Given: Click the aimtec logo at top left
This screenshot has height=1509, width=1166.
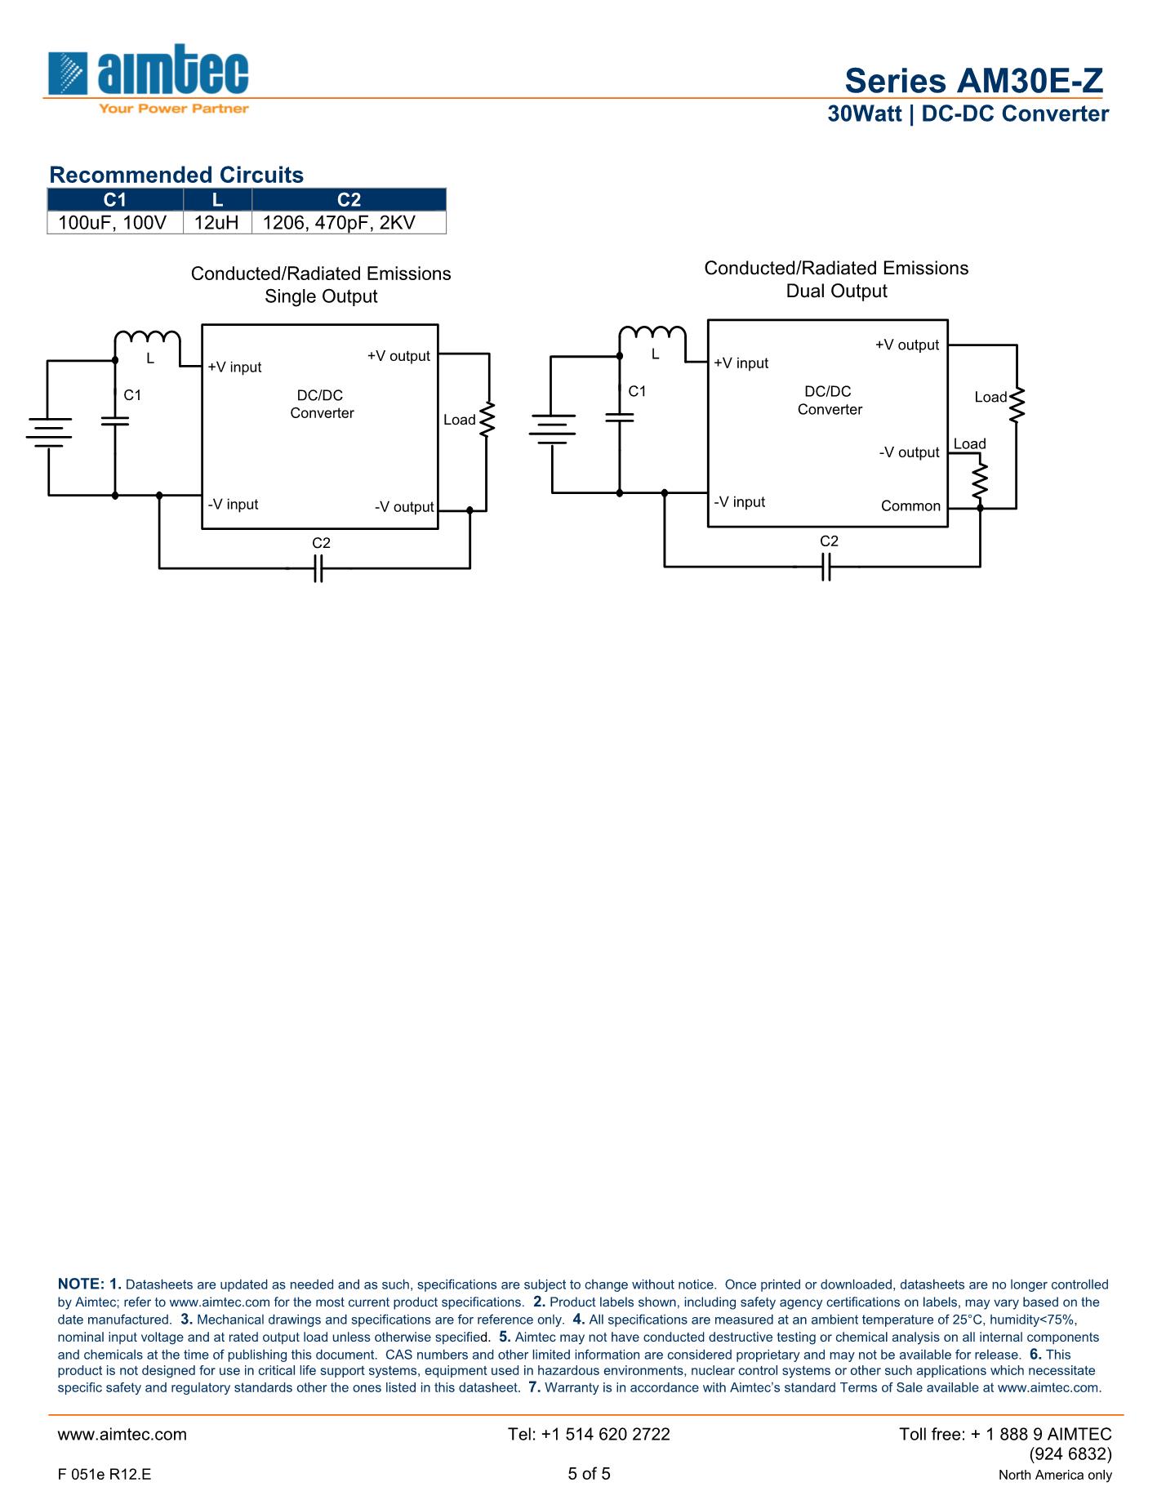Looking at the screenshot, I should [148, 78].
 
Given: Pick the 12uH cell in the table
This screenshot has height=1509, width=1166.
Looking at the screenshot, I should [216, 222].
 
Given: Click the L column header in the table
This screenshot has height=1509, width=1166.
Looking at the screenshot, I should [217, 200].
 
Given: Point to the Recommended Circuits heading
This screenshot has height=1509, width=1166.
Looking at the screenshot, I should [176, 175].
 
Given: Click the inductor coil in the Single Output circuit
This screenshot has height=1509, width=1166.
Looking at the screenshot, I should [147, 338].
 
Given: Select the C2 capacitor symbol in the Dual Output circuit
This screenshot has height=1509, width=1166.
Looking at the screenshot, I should [826, 566].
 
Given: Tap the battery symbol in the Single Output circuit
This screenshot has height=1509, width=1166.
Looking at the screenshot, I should [48, 432].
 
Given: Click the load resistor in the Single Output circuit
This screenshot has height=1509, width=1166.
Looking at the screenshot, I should [487, 419].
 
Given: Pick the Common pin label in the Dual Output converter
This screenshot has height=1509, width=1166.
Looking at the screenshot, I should [910, 506].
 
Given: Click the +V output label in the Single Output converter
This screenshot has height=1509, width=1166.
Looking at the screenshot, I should [398, 356].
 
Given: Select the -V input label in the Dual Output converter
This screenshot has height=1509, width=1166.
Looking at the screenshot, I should [739, 502].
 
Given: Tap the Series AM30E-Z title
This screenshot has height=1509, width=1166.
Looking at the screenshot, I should [973, 81].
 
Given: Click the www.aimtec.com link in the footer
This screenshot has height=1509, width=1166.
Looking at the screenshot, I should [122, 1435].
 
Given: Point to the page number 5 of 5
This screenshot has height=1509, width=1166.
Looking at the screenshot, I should [589, 1474].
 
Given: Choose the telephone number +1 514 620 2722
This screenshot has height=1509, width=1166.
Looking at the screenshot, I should [589, 1435].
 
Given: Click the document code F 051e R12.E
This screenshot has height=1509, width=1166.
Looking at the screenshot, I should [105, 1475].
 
